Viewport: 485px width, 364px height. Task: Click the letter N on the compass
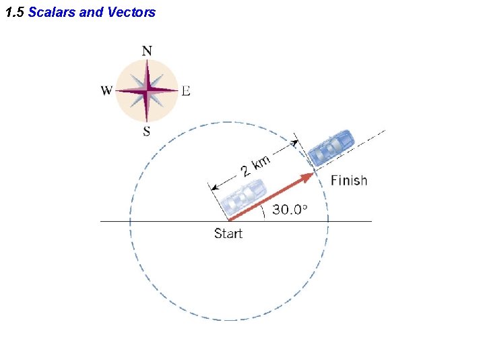(147, 51)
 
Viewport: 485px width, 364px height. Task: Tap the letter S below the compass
(147, 131)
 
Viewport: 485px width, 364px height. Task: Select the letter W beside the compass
(106, 91)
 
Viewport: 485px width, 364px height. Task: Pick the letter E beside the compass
(186, 91)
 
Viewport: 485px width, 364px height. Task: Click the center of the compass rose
(147, 90)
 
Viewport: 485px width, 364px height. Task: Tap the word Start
(228, 234)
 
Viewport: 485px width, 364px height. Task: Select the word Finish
(349, 181)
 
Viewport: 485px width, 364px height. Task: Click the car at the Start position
(244, 196)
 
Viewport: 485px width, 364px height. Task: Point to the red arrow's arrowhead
(309, 177)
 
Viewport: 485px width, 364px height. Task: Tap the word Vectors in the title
(131, 12)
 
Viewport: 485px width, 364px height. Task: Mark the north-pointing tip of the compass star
(147, 61)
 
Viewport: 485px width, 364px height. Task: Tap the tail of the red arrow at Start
(230, 220)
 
